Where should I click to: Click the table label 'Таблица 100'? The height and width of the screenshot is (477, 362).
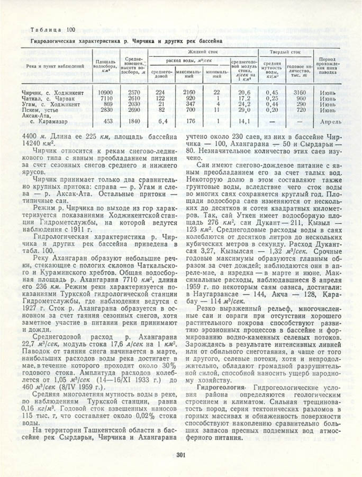(53, 29)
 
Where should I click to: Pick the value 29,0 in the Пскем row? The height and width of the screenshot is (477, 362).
(244, 110)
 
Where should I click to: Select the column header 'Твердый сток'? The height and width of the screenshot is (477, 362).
(285, 52)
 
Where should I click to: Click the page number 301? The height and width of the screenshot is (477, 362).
(181, 453)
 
